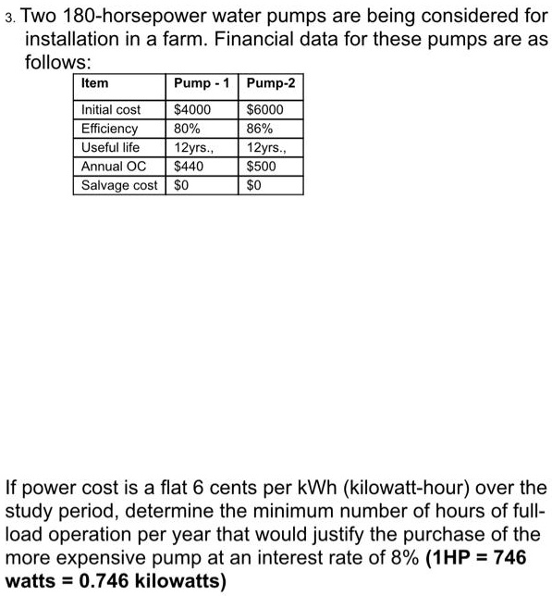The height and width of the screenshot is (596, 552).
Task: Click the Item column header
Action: (x=95, y=83)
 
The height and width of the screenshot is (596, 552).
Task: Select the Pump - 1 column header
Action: (x=201, y=83)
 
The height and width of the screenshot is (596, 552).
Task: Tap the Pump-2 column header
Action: (x=272, y=83)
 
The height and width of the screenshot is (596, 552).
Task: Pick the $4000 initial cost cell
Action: (x=193, y=110)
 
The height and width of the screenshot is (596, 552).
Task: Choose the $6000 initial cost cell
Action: (x=265, y=110)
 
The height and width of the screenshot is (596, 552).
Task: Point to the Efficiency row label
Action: (x=109, y=129)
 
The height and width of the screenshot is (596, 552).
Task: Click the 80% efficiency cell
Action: (x=188, y=129)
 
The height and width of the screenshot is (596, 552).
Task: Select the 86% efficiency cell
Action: (x=261, y=129)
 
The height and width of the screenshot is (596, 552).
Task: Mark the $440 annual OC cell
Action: (x=189, y=167)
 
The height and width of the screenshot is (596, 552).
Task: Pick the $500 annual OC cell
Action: (x=262, y=167)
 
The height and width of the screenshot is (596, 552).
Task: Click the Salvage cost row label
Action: (x=119, y=185)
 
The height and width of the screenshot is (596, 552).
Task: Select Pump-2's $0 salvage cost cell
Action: (x=255, y=185)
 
